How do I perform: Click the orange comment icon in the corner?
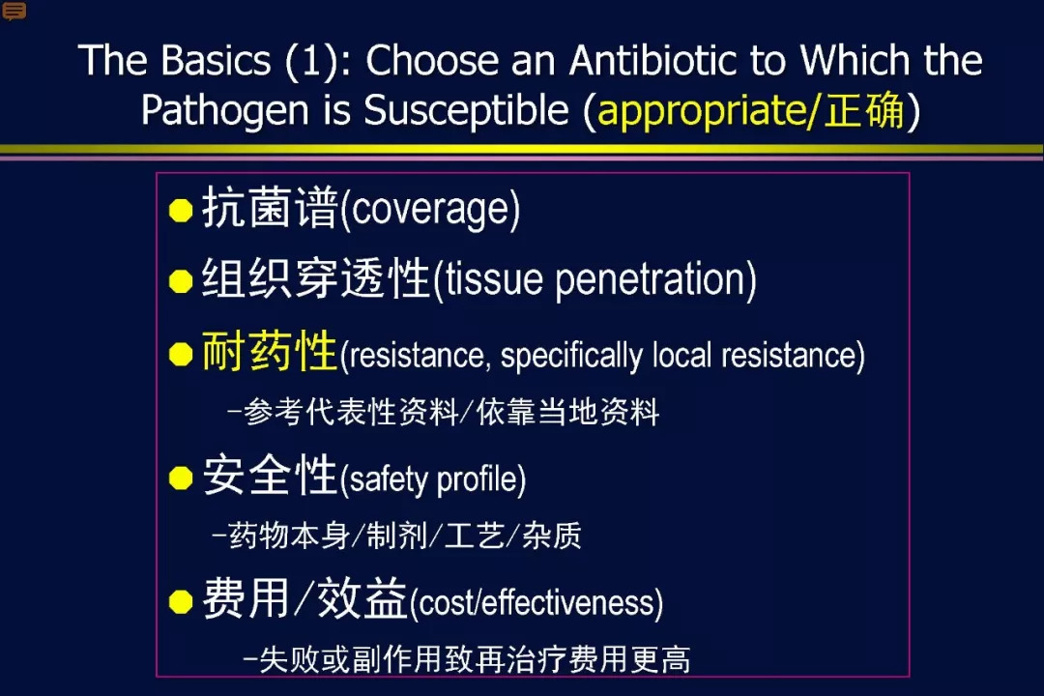pyautogui.click(x=14, y=11)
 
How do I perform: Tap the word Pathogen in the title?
pyautogui.click(x=224, y=110)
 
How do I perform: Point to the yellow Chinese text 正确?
pyautogui.click(x=864, y=110)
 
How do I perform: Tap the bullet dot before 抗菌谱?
pyautogui.click(x=181, y=210)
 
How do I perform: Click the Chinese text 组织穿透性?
pyautogui.click(x=315, y=278)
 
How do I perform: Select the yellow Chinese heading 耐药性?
pyautogui.click(x=270, y=351)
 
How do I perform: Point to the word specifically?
pyautogui.click(x=571, y=356)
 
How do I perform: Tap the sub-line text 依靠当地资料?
pyautogui.click(x=568, y=412)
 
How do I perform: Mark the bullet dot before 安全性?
pyautogui.click(x=181, y=478)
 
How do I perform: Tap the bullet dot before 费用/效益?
pyautogui.click(x=181, y=601)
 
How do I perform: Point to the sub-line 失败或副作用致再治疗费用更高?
pyautogui.click(x=475, y=660)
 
